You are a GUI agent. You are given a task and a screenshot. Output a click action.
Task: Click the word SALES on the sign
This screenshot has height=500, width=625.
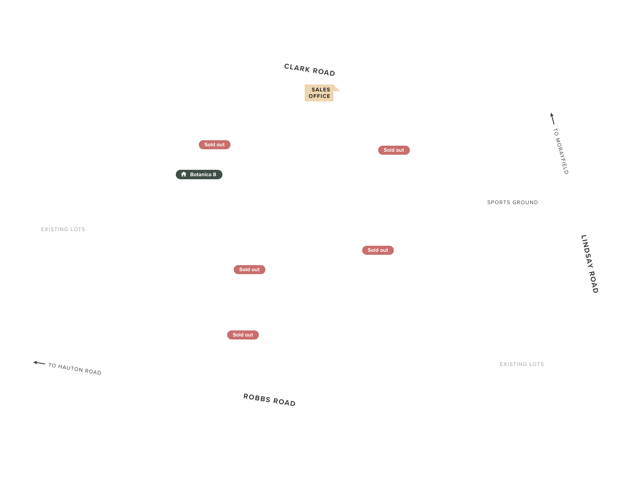click(321, 90)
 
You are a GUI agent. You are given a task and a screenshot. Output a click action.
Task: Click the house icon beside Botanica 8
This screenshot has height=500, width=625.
click(183, 174)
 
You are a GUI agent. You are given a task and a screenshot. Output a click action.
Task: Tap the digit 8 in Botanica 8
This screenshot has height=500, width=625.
click(214, 174)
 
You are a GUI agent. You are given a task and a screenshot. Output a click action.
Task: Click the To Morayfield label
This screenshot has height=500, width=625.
click(561, 151)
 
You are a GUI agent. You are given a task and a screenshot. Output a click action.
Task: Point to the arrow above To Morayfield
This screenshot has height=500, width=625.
click(552, 118)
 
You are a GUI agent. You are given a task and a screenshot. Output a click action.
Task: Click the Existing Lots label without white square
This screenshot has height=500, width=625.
click(63, 229)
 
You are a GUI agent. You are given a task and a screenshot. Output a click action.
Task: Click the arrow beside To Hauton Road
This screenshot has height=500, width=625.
click(39, 363)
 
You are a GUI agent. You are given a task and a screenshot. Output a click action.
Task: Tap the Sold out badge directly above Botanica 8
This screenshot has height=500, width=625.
click(214, 145)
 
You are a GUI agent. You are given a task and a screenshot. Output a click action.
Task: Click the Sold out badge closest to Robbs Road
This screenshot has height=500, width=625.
click(243, 335)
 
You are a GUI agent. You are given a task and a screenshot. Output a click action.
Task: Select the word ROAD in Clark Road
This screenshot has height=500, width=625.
click(324, 72)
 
